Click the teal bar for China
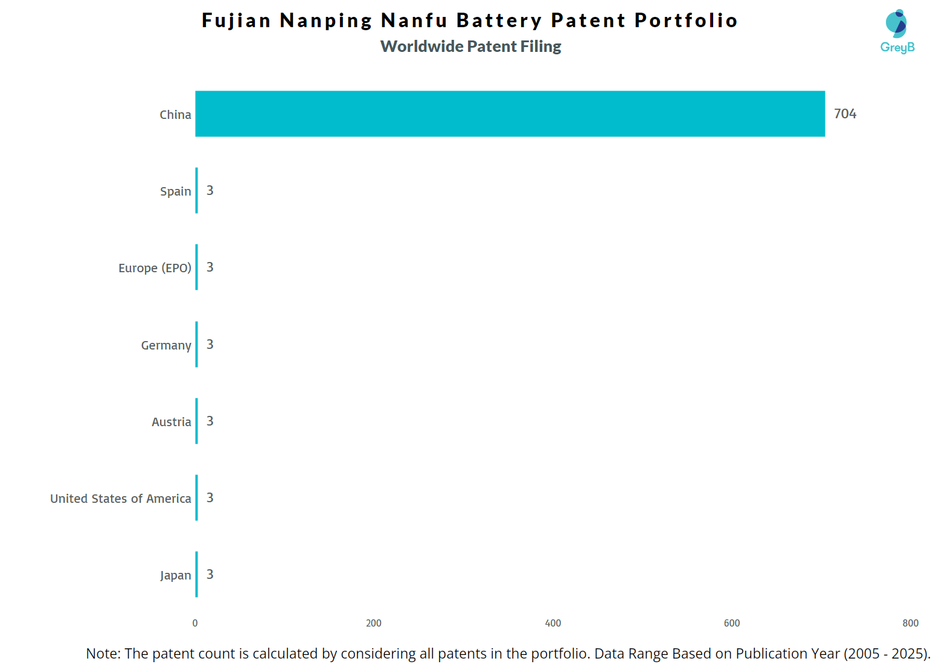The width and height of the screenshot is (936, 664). (510, 113)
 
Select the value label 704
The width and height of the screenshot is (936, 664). (845, 113)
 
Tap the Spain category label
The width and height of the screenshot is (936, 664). (175, 191)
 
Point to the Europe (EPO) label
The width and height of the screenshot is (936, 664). (155, 268)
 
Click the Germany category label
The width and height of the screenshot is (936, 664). (166, 345)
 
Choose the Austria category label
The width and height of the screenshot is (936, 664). (171, 422)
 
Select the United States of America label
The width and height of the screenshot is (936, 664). (120, 499)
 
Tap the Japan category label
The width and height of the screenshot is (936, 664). (175, 575)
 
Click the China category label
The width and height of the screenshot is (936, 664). (175, 115)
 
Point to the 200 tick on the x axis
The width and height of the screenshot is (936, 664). (374, 623)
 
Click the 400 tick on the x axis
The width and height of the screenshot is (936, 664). (553, 623)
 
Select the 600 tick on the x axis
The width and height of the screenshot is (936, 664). (732, 623)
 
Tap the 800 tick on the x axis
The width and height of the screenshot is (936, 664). (911, 623)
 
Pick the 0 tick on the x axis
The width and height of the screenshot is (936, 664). (195, 623)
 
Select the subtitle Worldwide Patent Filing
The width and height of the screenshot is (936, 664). (470, 46)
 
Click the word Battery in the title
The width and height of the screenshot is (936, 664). (499, 21)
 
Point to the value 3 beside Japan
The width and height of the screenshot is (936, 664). (210, 574)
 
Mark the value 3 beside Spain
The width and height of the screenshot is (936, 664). (210, 190)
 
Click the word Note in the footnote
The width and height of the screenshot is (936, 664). (103, 653)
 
